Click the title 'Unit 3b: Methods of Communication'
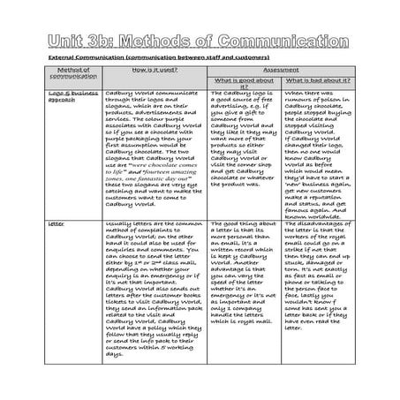(x=200, y=42)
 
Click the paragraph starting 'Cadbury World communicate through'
(x=154, y=150)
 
